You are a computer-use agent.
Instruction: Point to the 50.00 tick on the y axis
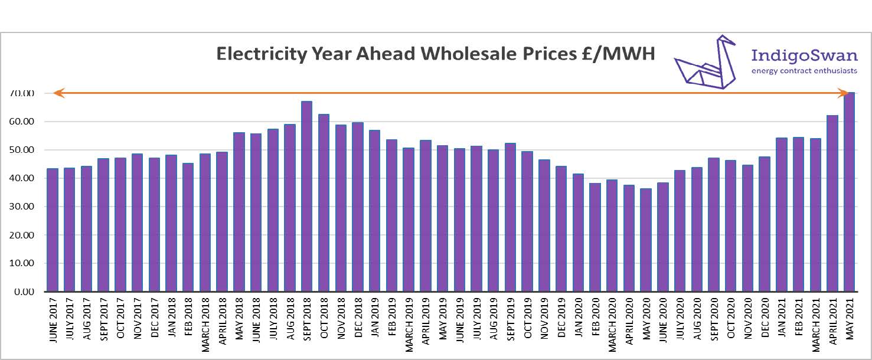pos(22,150)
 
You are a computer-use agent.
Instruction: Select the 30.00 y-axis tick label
pos(22,207)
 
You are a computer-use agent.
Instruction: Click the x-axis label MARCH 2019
pos(409,323)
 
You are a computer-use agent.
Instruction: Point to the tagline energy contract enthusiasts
pos(805,71)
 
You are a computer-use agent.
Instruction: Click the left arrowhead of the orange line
pos(57,93)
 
